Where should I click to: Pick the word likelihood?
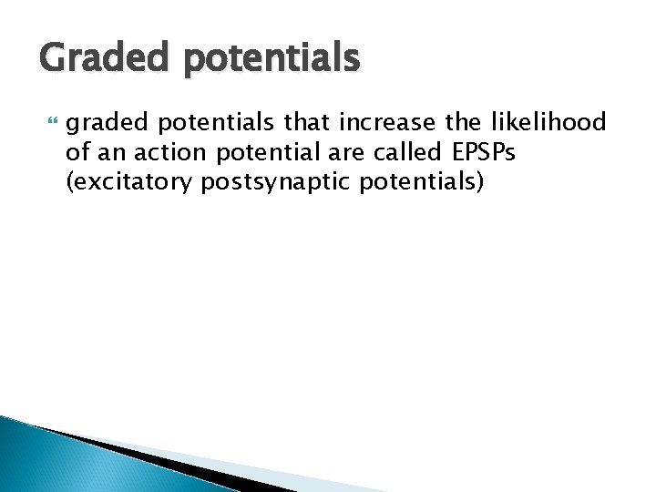pos(555,122)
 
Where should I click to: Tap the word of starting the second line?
pos(78,152)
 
